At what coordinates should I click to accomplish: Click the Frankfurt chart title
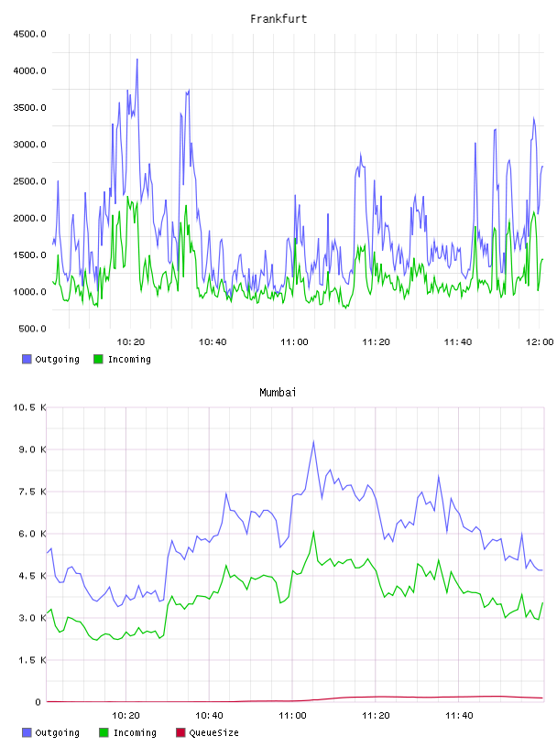coord(278,19)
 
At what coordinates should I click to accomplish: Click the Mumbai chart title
coord(278,393)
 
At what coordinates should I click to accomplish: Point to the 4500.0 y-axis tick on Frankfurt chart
coord(29,34)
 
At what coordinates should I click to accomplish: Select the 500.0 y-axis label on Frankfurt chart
coord(32,329)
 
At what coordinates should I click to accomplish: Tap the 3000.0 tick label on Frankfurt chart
coord(29,145)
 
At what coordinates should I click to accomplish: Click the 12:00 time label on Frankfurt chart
coord(540,342)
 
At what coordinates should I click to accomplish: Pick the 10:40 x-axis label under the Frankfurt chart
coord(213,342)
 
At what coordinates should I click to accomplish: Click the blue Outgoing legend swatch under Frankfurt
coord(27,359)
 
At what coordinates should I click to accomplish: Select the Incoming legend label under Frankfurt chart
coord(129,359)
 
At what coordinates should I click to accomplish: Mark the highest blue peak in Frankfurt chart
coord(137,60)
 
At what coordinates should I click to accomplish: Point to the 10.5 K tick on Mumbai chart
coord(29,407)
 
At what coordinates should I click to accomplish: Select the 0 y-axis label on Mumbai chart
coord(38,702)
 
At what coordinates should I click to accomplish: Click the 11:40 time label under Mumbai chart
coord(459,716)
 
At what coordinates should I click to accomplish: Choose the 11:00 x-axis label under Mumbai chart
coord(292,716)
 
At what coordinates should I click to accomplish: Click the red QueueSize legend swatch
coord(180,732)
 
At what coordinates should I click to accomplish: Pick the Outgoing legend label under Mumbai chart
coord(57,732)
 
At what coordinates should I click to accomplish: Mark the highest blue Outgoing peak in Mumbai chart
coord(313,441)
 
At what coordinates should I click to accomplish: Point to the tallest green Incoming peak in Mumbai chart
coord(313,531)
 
